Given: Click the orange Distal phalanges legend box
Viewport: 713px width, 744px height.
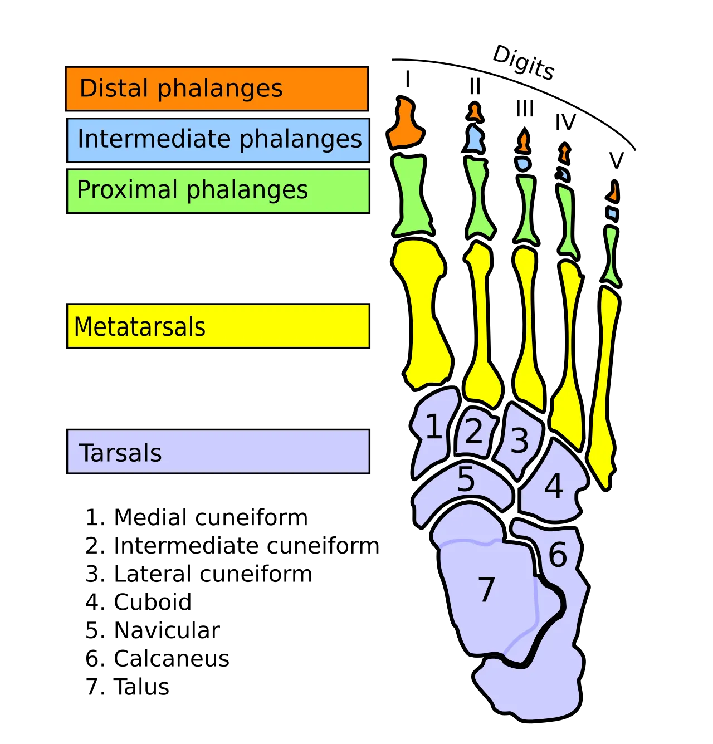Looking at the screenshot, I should pos(217,89).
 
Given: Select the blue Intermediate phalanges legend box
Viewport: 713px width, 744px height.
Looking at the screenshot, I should pos(218,140).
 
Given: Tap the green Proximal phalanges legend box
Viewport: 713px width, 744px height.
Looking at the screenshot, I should pos(218,190).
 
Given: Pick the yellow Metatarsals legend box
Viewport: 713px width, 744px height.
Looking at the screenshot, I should pos(218,326).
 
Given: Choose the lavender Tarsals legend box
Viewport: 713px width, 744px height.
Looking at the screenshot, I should pos(218,452).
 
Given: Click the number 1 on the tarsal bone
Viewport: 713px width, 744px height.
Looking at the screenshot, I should pos(434,427).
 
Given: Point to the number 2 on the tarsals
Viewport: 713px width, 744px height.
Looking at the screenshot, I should pos(473,431).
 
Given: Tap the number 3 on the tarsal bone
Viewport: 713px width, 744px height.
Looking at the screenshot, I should pos(519,440).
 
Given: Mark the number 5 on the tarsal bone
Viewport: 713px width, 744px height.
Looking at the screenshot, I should pos(466,479).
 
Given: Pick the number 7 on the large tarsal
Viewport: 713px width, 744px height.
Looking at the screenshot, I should pos(486,589).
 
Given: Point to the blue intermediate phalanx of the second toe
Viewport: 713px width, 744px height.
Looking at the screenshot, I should pos(475,139).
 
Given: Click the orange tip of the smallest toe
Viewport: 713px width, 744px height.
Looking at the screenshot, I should pos(613,193).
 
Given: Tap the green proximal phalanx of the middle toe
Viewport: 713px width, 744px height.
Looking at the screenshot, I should pos(526,209).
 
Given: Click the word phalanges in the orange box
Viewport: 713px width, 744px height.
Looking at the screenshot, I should pos(220,89).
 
